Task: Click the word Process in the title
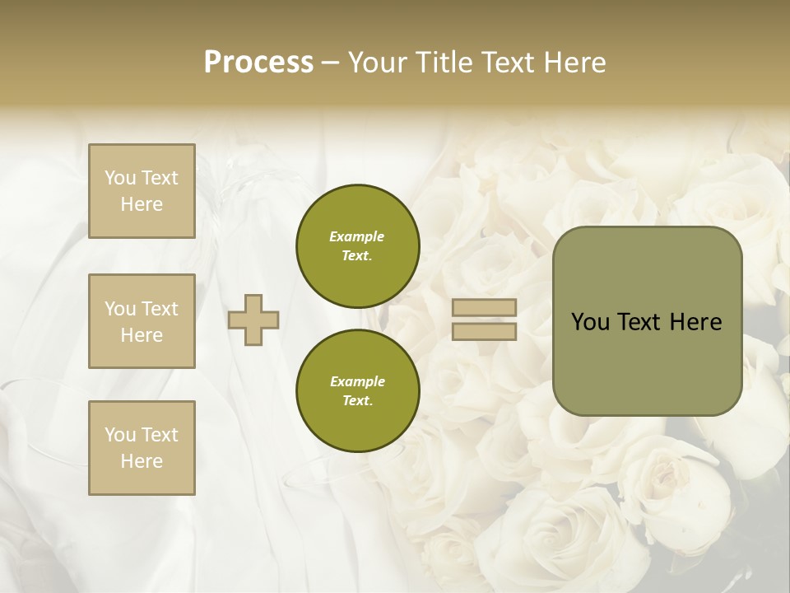point(258,63)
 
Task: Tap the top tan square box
point(142,191)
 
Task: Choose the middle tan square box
point(142,321)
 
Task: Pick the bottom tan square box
point(142,448)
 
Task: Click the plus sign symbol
point(253,320)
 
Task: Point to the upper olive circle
point(357,245)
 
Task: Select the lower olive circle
point(357,390)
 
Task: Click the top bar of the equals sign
point(484,308)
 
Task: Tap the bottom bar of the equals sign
point(484,332)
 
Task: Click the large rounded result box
point(647,320)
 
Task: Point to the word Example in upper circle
point(357,236)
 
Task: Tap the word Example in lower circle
point(357,381)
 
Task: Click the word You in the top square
point(120,178)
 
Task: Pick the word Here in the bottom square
point(142,461)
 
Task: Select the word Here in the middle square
point(142,335)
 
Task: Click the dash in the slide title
point(330,63)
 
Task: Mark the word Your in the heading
point(379,63)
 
